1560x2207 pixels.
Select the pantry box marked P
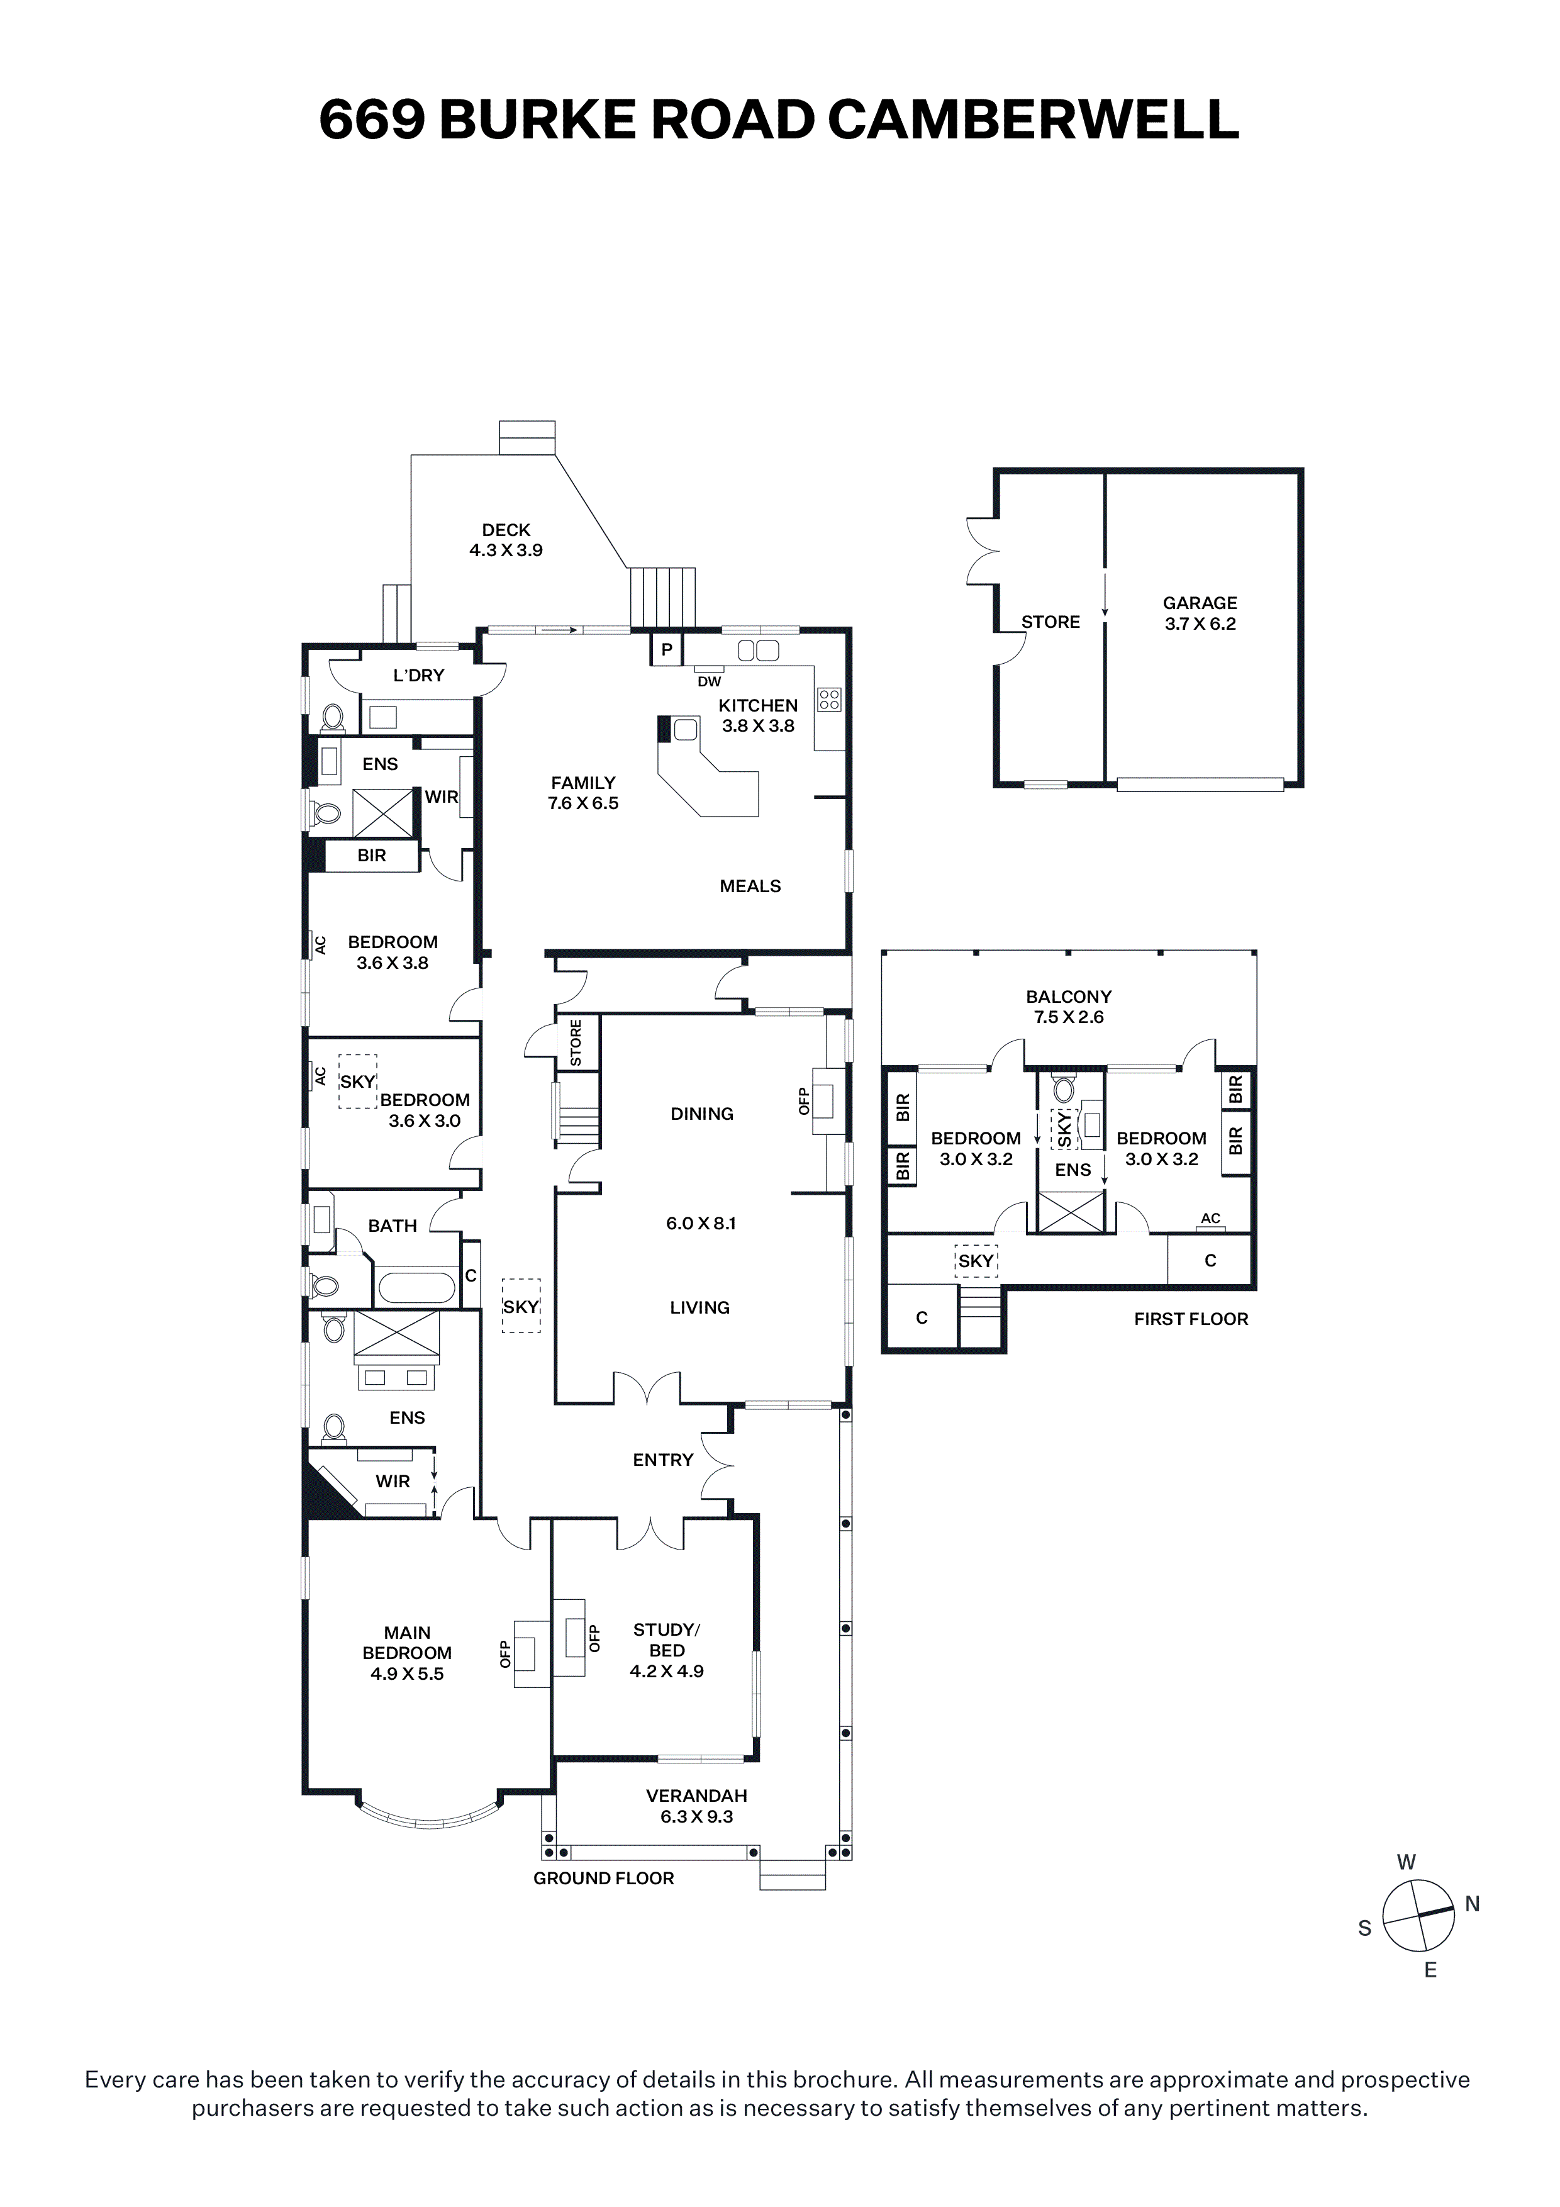tap(666, 649)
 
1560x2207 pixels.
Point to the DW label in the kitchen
tap(710, 681)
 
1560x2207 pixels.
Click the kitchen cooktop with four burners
tap(828, 699)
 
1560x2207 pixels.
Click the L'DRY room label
tap(418, 675)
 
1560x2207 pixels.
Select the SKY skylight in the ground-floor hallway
tap(521, 1305)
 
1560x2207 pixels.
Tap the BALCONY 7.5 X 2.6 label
tap(1068, 1007)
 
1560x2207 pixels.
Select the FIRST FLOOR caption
tap(1191, 1319)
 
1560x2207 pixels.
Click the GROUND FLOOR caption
tap(604, 1877)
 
